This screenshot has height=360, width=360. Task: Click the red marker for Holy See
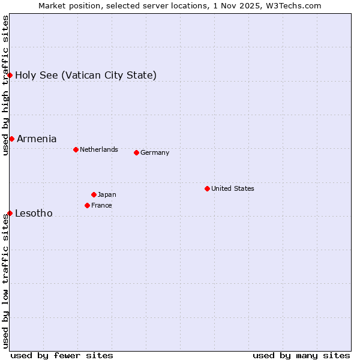(x=10, y=75)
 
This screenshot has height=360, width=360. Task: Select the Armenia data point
(x=11, y=139)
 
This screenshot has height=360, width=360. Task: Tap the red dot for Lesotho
(x=10, y=213)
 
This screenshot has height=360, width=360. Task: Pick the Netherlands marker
(x=76, y=149)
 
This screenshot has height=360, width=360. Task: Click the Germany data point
(x=136, y=152)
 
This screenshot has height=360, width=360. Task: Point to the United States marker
(x=207, y=188)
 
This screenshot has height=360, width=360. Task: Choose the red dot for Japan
(x=94, y=194)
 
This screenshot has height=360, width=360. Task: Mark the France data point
(x=87, y=205)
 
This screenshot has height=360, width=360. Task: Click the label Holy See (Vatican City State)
(x=86, y=75)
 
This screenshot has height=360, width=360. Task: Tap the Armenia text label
(x=37, y=139)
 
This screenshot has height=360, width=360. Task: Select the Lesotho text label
(x=34, y=213)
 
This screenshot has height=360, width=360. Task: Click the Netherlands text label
(x=99, y=149)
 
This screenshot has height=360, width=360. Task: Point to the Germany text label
(x=155, y=152)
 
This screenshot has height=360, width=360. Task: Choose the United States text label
(x=233, y=188)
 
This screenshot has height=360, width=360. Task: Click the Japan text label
(x=107, y=194)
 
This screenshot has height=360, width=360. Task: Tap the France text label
(x=101, y=205)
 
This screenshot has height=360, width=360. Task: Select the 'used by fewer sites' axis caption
(x=62, y=355)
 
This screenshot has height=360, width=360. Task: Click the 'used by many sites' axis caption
(x=301, y=355)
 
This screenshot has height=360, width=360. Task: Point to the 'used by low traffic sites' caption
(x=5, y=282)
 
